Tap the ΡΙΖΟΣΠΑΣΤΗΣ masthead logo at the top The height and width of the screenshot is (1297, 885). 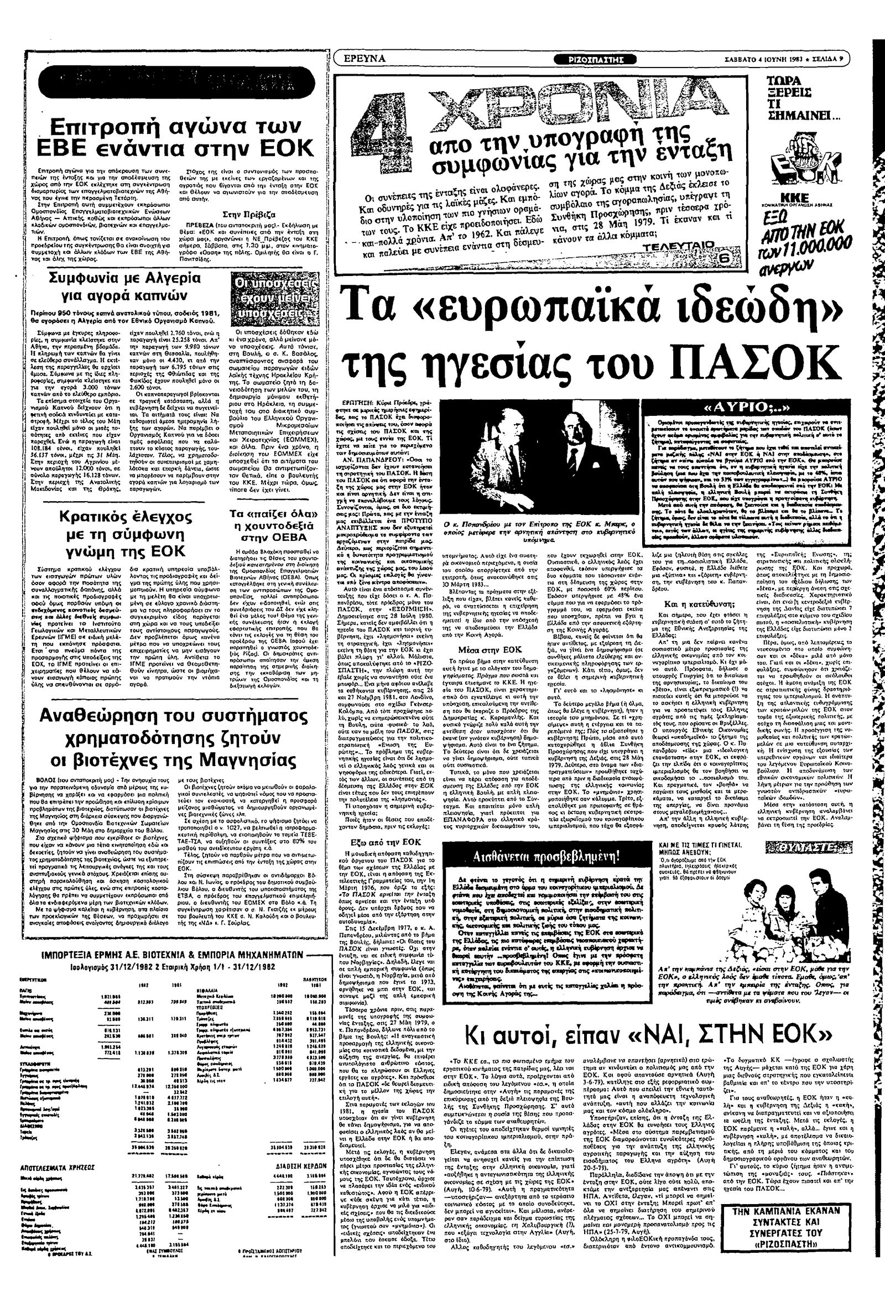(596, 59)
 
